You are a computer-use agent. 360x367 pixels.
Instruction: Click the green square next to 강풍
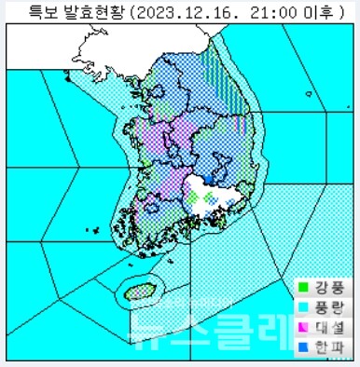click(x=302, y=287)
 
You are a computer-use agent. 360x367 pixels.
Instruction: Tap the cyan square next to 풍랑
click(x=302, y=305)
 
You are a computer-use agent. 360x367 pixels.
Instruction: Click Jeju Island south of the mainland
click(x=137, y=291)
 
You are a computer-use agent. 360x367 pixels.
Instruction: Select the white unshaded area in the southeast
click(x=228, y=191)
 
